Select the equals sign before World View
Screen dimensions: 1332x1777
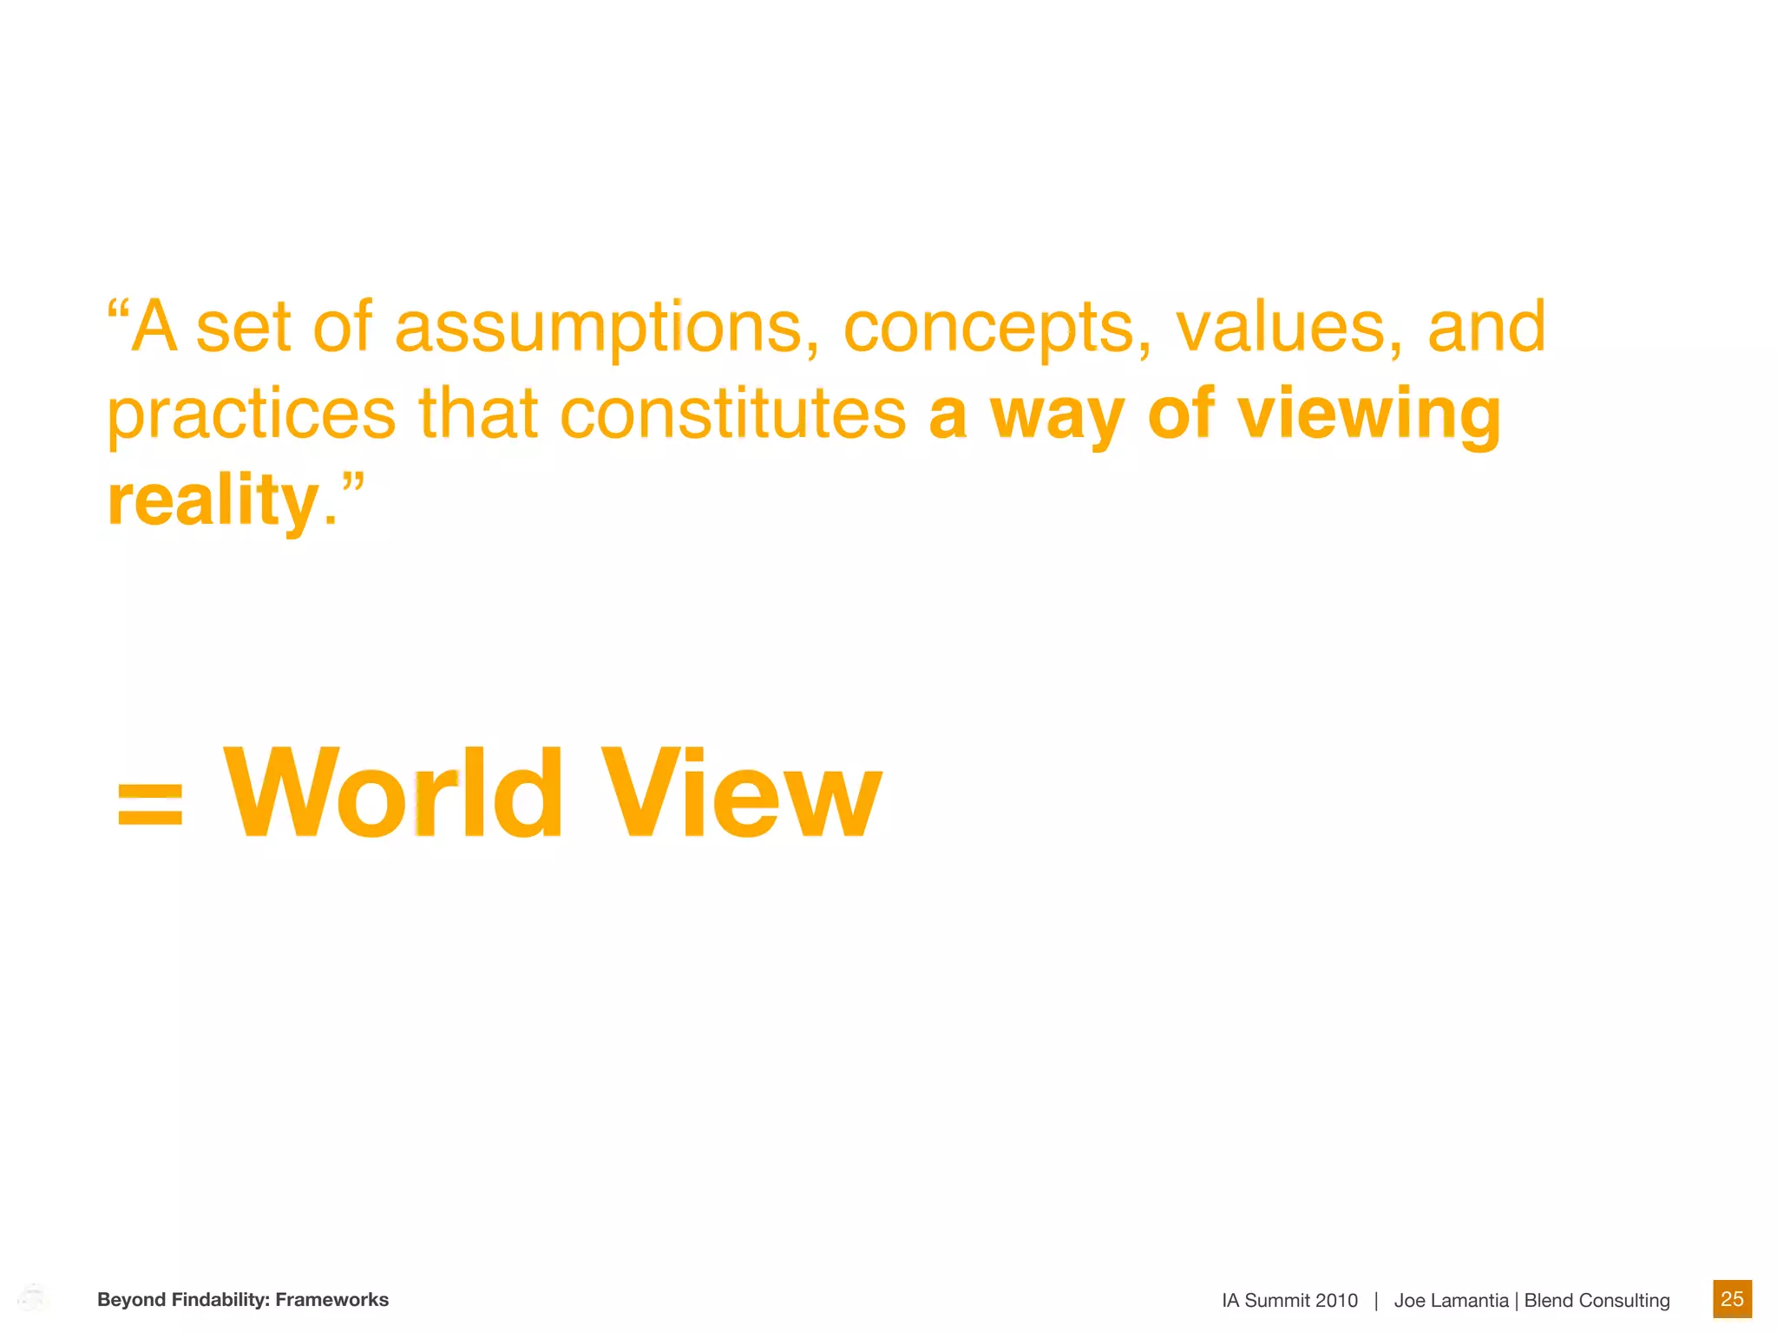pos(150,802)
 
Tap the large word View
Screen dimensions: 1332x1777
pos(742,793)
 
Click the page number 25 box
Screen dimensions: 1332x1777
pos(1732,1299)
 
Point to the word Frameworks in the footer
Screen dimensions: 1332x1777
pos(332,1300)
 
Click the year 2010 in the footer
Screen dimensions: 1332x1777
pos(1335,1301)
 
